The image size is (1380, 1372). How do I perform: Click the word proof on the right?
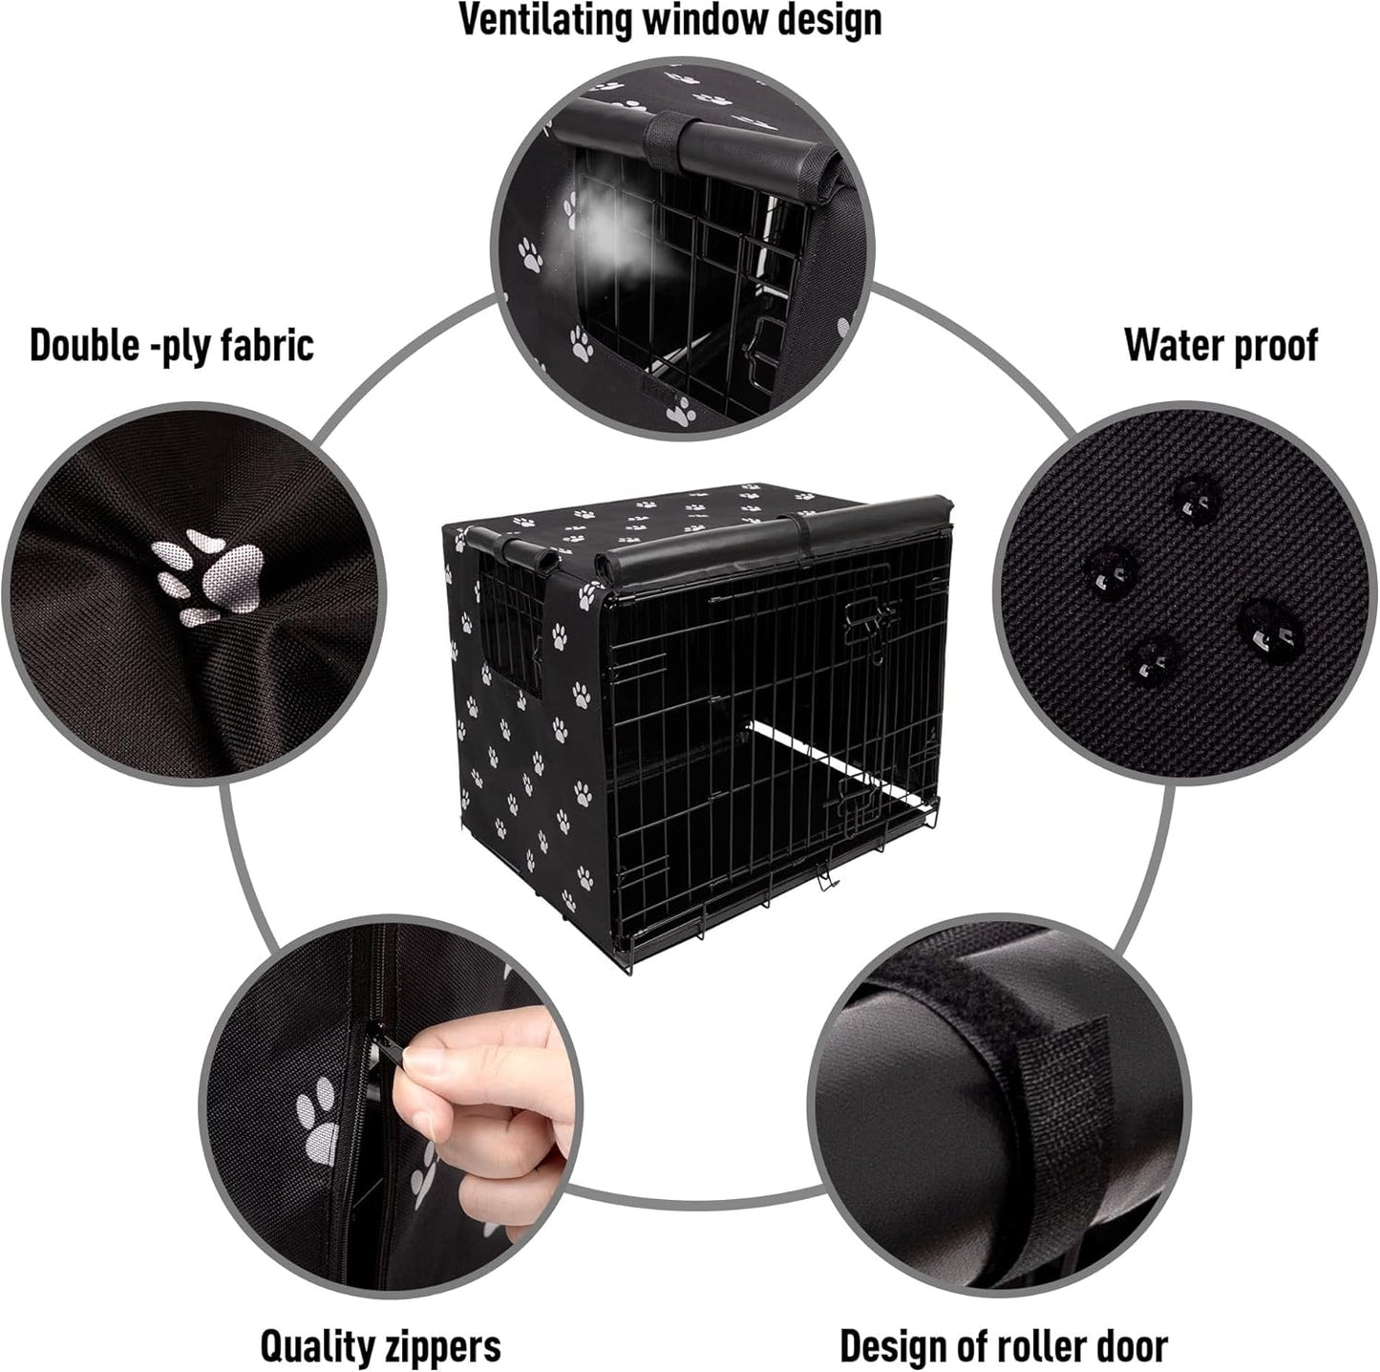1271,346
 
